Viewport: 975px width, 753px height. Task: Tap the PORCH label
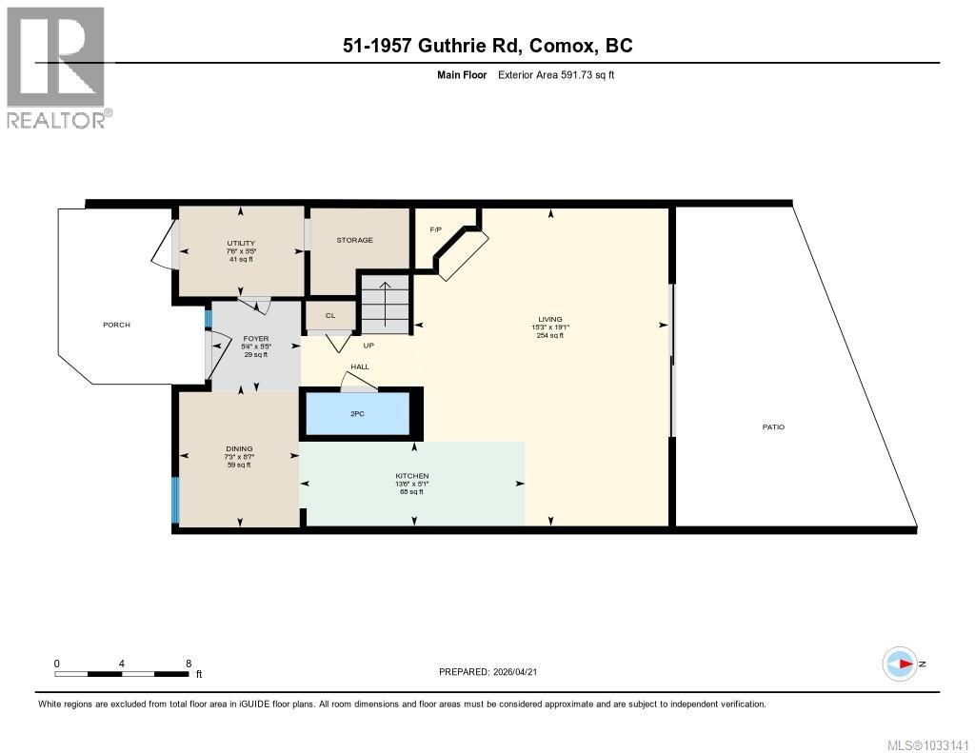pyautogui.click(x=116, y=325)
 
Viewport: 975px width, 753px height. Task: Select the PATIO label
pyautogui.click(x=773, y=426)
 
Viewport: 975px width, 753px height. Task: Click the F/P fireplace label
pyautogui.click(x=436, y=229)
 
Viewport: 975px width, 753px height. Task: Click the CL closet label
pyautogui.click(x=330, y=315)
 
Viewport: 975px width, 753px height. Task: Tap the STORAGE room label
pyautogui.click(x=354, y=240)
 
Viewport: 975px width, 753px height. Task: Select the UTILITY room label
pyautogui.click(x=240, y=243)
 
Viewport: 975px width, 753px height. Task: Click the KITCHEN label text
pyautogui.click(x=412, y=475)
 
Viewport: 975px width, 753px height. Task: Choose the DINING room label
pyautogui.click(x=238, y=448)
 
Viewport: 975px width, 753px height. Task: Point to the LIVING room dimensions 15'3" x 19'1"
pyautogui.click(x=549, y=327)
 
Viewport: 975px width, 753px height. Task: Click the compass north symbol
pyautogui.click(x=901, y=664)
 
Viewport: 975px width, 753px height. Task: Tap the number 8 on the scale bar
pyautogui.click(x=189, y=664)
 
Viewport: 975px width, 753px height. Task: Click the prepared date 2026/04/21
pyautogui.click(x=520, y=671)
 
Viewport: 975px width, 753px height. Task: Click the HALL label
pyautogui.click(x=360, y=367)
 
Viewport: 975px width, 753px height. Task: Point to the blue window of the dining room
pyautogui.click(x=175, y=500)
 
